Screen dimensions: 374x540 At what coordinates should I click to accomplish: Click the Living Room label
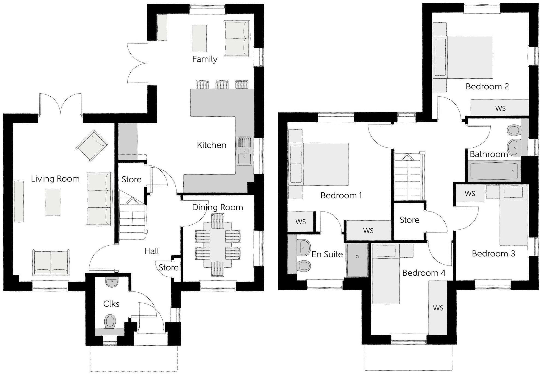(x=55, y=179)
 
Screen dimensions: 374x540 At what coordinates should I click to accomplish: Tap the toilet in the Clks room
(x=110, y=321)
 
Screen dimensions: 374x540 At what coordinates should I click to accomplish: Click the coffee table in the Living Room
(x=53, y=202)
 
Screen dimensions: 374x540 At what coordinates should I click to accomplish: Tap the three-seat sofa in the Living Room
(x=99, y=199)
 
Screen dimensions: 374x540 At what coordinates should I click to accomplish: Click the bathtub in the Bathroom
(x=494, y=171)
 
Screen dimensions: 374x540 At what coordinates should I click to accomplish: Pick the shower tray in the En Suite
(x=357, y=260)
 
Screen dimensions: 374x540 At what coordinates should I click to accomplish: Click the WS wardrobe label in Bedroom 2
(x=500, y=109)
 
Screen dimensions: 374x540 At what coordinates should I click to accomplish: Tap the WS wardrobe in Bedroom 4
(x=438, y=308)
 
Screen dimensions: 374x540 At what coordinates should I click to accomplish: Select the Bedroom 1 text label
(x=341, y=195)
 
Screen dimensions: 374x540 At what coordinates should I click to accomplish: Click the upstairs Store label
(x=409, y=220)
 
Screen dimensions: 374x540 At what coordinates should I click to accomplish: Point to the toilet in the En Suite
(x=303, y=265)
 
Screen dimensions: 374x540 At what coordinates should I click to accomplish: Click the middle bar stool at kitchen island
(x=222, y=84)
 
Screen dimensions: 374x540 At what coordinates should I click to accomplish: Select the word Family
(x=205, y=59)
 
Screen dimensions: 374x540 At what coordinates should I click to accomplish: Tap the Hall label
(x=151, y=251)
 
